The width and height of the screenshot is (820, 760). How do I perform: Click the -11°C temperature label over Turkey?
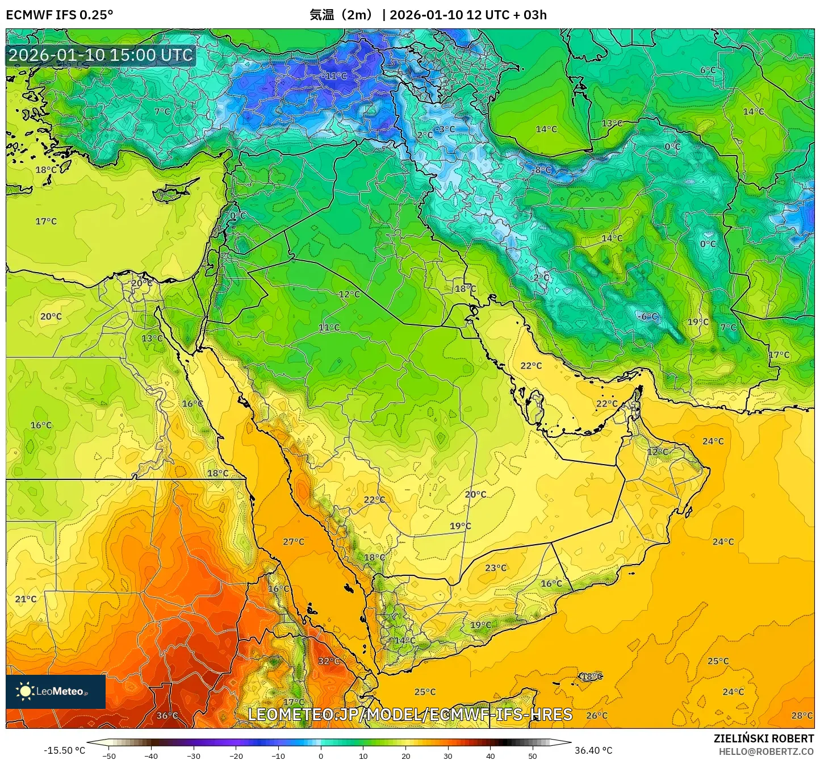point(334,76)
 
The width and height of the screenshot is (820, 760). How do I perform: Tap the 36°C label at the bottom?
point(167,716)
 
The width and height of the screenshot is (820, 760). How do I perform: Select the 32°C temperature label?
point(328,661)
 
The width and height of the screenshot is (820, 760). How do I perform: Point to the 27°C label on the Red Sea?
point(294,542)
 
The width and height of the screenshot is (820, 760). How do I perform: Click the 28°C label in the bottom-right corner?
point(802,716)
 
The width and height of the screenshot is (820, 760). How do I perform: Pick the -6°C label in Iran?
point(647,317)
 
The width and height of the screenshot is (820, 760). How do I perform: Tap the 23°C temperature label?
point(495,568)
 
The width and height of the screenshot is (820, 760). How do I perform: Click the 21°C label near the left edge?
point(26,599)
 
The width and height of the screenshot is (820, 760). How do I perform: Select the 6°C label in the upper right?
point(708,70)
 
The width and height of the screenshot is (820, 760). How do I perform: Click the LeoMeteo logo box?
point(56,691)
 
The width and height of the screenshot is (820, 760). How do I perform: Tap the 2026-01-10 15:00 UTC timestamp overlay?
point(101,55)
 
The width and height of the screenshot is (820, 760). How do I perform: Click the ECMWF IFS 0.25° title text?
point(60,15)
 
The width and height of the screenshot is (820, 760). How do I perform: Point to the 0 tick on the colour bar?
point(321,755)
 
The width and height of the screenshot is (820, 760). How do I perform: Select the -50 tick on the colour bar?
point(109,755)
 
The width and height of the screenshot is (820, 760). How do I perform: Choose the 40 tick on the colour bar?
point(490,755)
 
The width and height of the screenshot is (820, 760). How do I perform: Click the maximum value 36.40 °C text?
point(593,750)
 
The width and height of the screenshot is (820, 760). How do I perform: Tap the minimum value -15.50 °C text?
point(64,750)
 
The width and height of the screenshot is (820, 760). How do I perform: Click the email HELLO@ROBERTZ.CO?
point(766,751)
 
